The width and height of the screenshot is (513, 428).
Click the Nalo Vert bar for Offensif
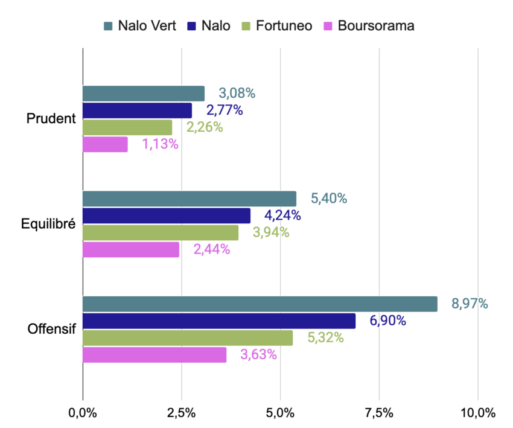click(260, 304)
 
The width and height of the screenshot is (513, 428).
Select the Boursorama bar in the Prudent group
click(105, 144)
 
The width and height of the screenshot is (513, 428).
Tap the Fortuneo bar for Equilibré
click(160, 233)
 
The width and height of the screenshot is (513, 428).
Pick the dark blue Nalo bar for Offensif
click(218, 321)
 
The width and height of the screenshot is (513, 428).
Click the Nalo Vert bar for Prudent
click(143, 94)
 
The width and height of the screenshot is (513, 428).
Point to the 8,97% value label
click(470, 304)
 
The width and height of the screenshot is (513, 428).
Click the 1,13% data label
click(160, 144)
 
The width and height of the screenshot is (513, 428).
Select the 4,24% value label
click(282, 216)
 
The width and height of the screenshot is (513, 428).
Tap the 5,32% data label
click(325, 337)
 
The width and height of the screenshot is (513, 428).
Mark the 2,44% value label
click(211, 249)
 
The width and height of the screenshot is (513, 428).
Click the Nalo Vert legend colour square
click(109, 26)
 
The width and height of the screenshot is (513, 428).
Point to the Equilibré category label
click(48, 225)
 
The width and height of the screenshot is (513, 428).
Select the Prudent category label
click(51, 119)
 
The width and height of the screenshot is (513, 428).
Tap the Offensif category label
click(51, 330)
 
